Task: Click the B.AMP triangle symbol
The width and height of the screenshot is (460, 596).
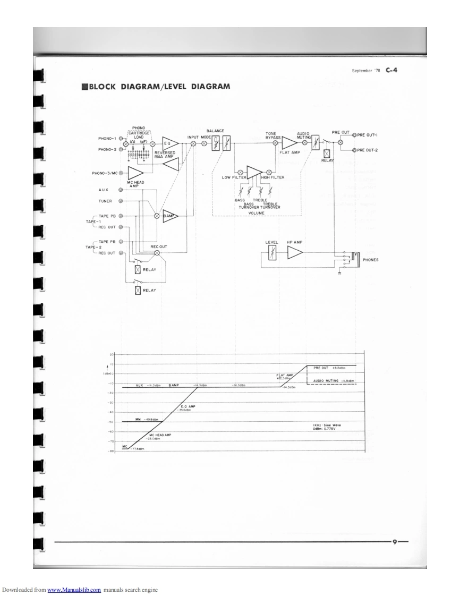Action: click(x=170, y=216)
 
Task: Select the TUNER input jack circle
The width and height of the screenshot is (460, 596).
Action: click(x=121, y=201)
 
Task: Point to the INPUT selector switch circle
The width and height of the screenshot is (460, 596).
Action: click(x=193, y=144)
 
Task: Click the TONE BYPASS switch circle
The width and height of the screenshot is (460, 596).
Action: click(x=275, y=143)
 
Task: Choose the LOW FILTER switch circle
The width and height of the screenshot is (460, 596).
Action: click(x=240, y=172)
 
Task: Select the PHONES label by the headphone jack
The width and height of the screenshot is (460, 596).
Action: click(x=370, y=260)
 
